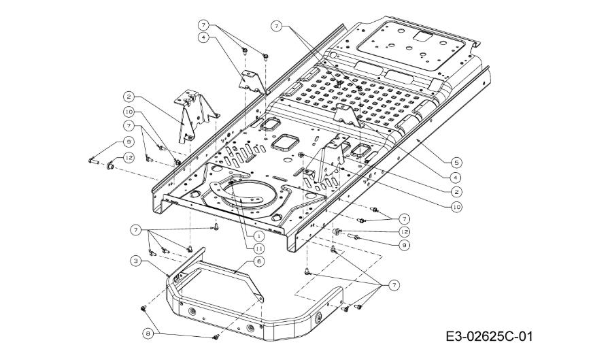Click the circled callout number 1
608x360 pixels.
[x=259, y=235]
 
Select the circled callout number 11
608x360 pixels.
[x=259, y=250]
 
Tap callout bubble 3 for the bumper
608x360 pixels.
[x=136, y=261]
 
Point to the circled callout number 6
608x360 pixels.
[x=259, y=261]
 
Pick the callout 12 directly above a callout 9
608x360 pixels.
[x=405, y=232]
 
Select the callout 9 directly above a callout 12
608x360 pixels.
[x=129, y=142]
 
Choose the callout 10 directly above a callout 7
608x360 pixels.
[x=128, y=111]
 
